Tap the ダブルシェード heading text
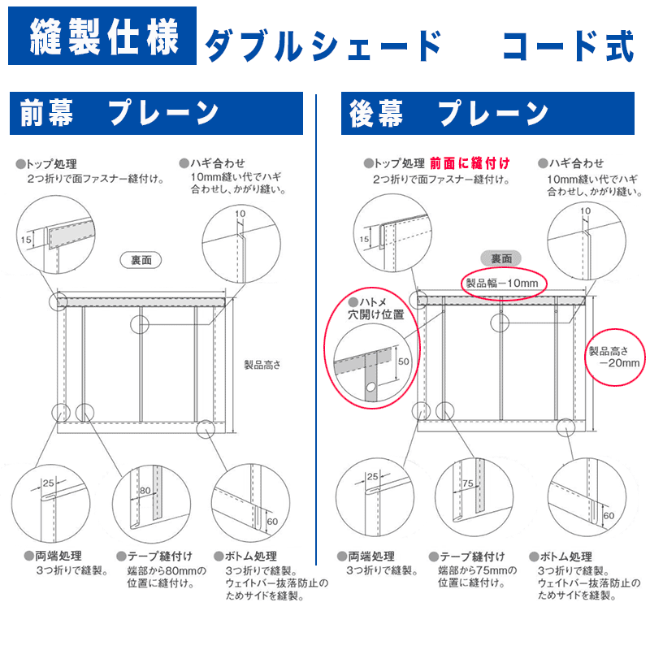[x=322, y=45]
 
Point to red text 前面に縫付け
[x=470, y=162]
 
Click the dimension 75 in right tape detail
[x=467, y=483]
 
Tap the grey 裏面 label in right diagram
[x=500, y=258]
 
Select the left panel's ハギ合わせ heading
[x=216, y=162]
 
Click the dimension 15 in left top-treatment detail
[x=27, y=240]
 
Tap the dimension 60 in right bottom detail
[x=609, y=515]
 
